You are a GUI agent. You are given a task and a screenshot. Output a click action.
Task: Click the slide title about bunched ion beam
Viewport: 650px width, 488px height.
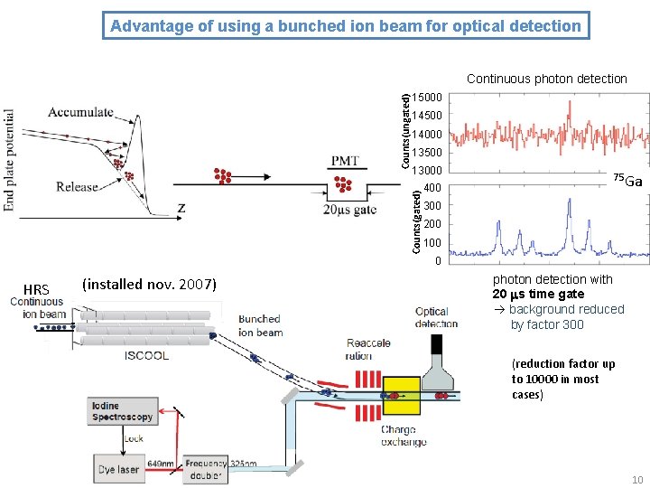click(x=346, y=25)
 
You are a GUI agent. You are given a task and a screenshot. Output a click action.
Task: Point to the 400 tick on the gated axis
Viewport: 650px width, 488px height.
click(x=432, y=188)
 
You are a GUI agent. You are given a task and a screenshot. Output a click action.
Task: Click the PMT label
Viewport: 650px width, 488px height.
click(x=345, y=161)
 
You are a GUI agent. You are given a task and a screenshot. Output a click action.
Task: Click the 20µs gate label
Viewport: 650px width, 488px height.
click(x=349, y=211)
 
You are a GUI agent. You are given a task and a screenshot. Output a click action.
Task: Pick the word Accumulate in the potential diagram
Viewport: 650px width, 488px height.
click(x=81, y=112)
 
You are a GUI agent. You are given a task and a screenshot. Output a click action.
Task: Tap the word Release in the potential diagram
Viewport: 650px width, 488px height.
click(x=77, y=186)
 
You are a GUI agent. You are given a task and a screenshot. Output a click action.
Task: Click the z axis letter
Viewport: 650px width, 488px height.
click(x=182, y=208)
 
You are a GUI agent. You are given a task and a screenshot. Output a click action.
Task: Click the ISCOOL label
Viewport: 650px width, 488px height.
click(x=146, y=355)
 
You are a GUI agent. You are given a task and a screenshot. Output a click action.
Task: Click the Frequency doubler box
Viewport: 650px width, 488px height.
click(x=205, y=468)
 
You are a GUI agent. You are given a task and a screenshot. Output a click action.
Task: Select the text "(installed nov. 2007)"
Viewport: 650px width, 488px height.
click(x=149, y=285)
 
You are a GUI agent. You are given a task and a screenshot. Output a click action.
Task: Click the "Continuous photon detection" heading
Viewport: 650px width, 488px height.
click(x=546, y=79)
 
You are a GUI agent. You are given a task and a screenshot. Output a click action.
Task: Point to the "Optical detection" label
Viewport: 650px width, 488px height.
click(x=432, y=317)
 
